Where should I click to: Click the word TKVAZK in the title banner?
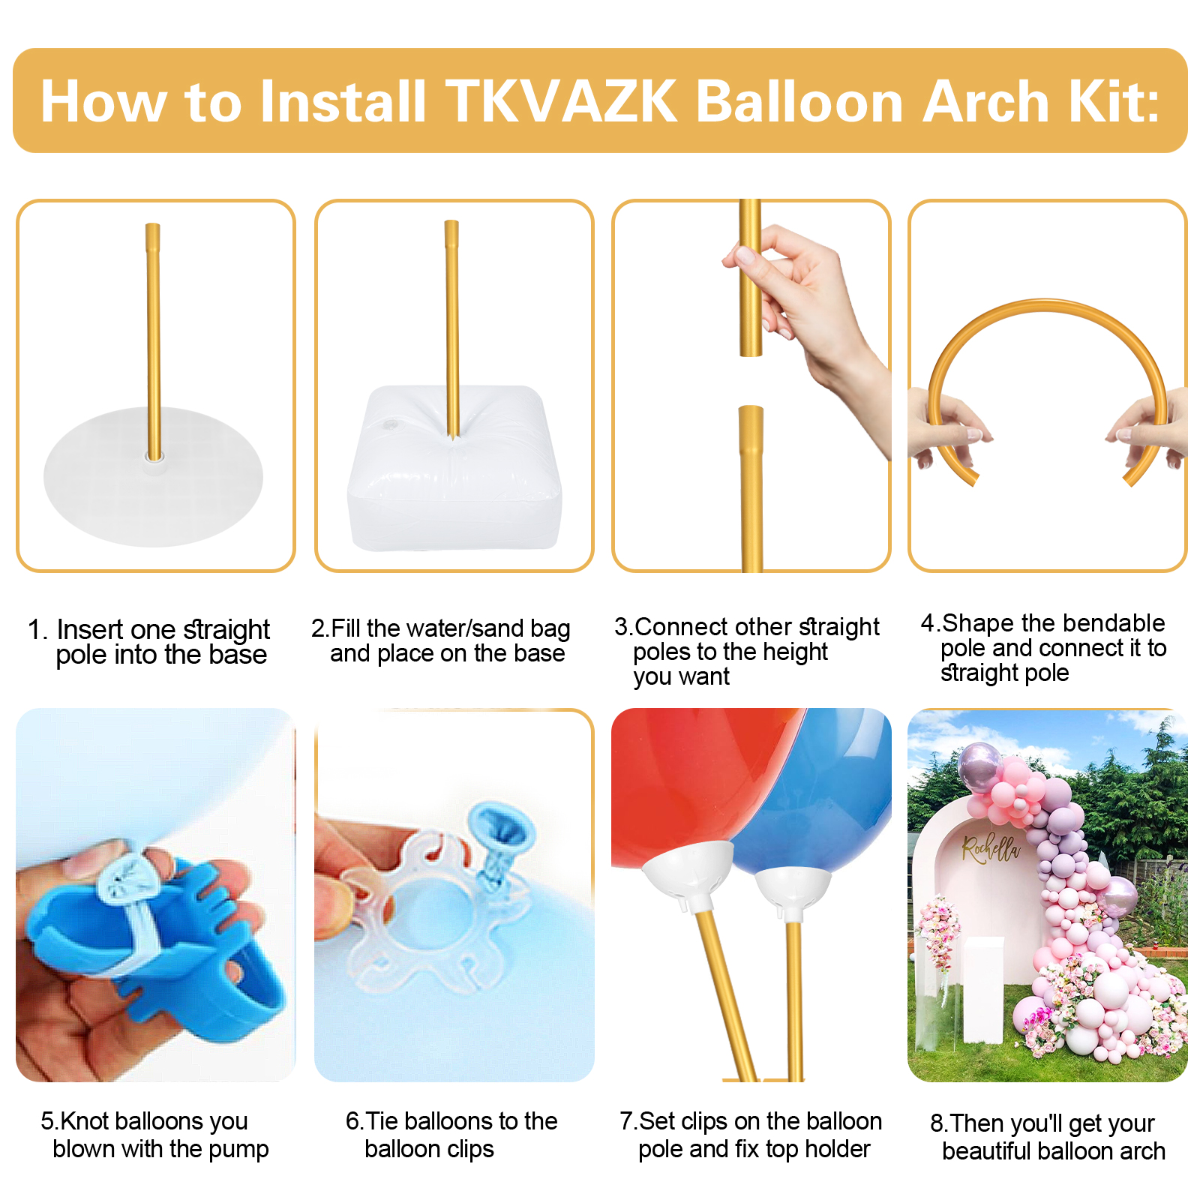pyautogui.click(x=562, y=102)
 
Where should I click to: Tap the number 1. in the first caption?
pyautogui.click(x=37, y=629)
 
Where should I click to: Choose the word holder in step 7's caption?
pyautogui.click(x=838, y=1148)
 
